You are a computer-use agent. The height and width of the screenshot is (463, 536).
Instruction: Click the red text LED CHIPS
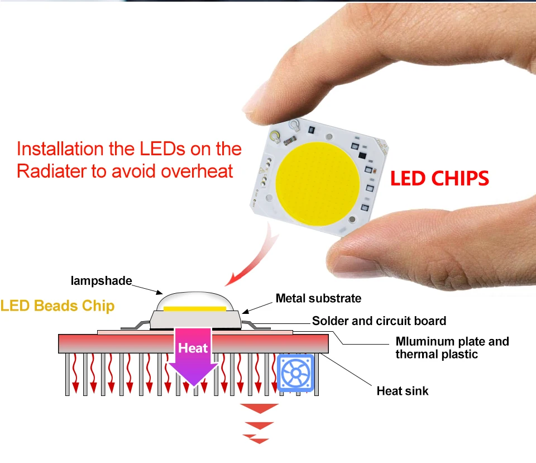pyautogui.click(x=439, y=178)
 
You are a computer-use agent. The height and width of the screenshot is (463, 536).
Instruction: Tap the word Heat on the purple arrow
pyautogui.click(x=193, y=348)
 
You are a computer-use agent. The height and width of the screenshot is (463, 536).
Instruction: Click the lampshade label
pyautogui.click(x=101, y=280)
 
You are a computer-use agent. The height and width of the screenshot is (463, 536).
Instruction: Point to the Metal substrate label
pyautogui.click(x=318, y=298)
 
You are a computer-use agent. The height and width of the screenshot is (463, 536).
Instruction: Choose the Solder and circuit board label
pyautogui.click(x=379, y=321)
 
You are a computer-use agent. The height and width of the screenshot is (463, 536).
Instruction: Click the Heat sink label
pyautogui.click(x=403, y=390)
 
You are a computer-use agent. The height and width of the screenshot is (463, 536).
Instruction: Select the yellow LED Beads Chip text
pyautogui.click(x=58, y=306)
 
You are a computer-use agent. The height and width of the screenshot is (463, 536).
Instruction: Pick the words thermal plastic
pyautogui.click(x=437, y=354)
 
